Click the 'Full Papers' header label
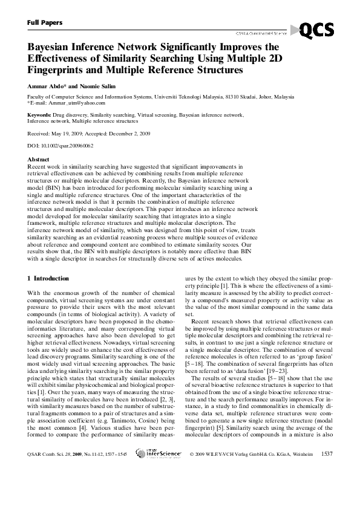pos(45,22)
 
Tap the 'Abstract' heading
pos(39,159)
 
